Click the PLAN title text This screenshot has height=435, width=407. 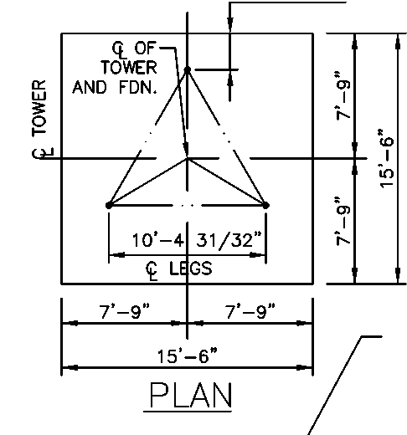pos(191,395)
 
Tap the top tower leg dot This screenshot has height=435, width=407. pos(188,69)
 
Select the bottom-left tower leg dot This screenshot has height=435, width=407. pos(109,206)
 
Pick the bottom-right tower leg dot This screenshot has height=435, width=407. pos(265,206)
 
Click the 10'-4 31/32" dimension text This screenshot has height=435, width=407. pos(197,240)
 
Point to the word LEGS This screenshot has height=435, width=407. pos(191,269)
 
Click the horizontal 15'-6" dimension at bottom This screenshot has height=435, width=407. pos(187,356)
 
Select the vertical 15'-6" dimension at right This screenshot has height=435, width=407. pos(387,158)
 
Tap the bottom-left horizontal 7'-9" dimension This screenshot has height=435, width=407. pos(124,311)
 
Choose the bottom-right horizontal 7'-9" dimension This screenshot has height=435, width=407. pos(250,311)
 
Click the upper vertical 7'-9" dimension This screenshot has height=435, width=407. pos(343,95)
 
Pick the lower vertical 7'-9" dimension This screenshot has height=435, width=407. pos(343,221)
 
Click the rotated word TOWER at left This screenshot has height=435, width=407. pos(39,108)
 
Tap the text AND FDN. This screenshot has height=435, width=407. pos(115,87)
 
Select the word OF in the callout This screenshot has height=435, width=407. pos(145,48)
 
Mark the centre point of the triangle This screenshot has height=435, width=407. pos(188,158)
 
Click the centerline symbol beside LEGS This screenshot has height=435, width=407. pos(152,270)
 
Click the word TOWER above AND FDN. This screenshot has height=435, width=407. pos(129,67)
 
